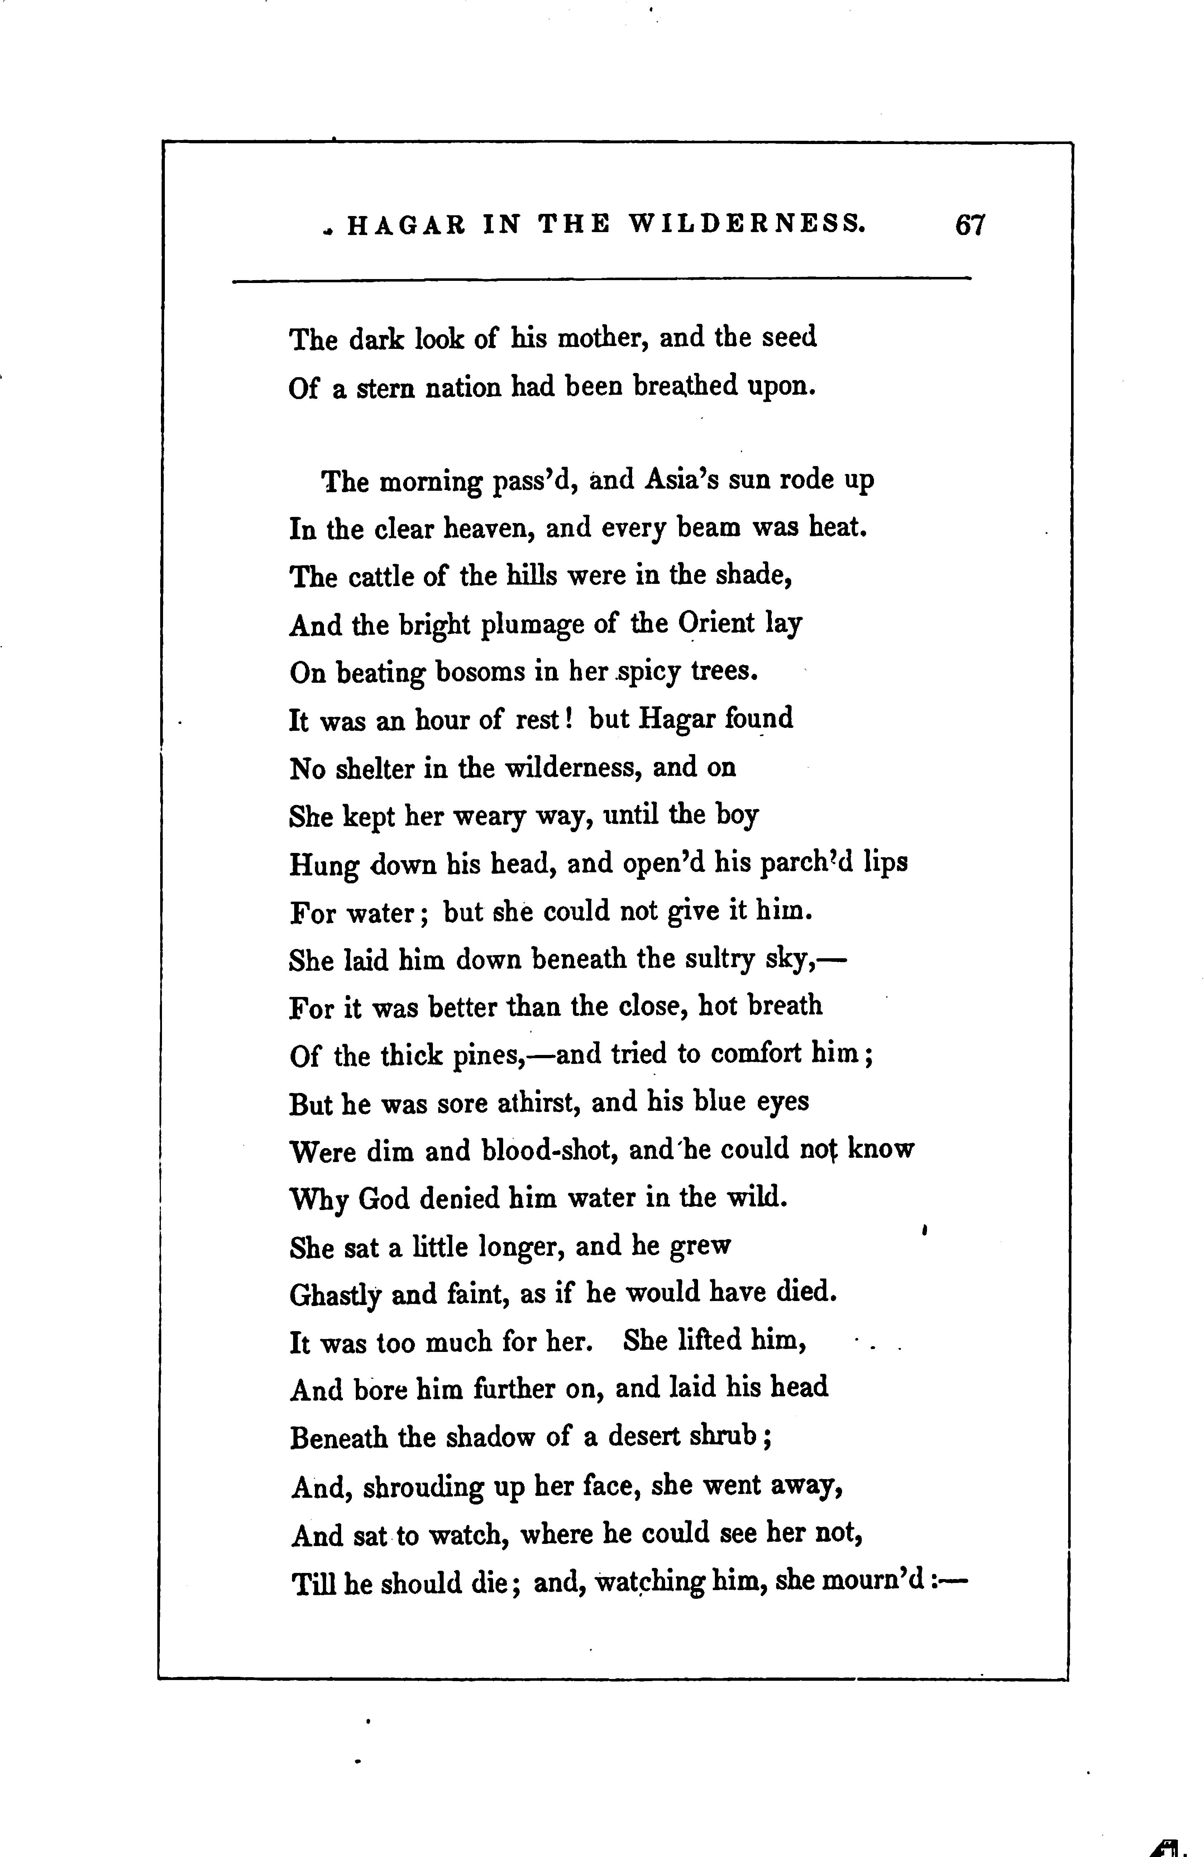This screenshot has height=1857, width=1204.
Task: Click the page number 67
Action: (970, 225)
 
